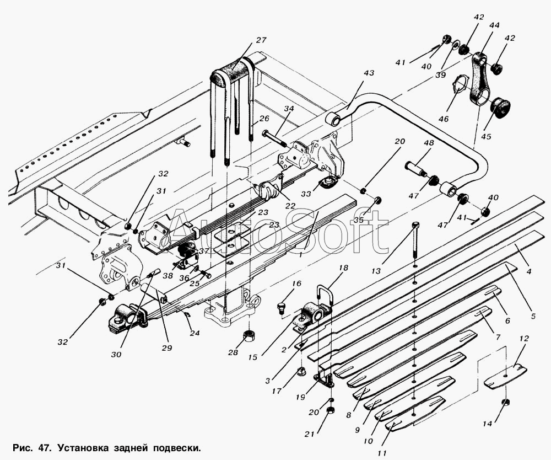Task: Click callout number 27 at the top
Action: tap(261, 40)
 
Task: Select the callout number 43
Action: tap(368, 73)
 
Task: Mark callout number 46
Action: tap(444, 119)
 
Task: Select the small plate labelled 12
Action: tap(505, 377)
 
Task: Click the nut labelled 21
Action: tap(330, 411)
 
